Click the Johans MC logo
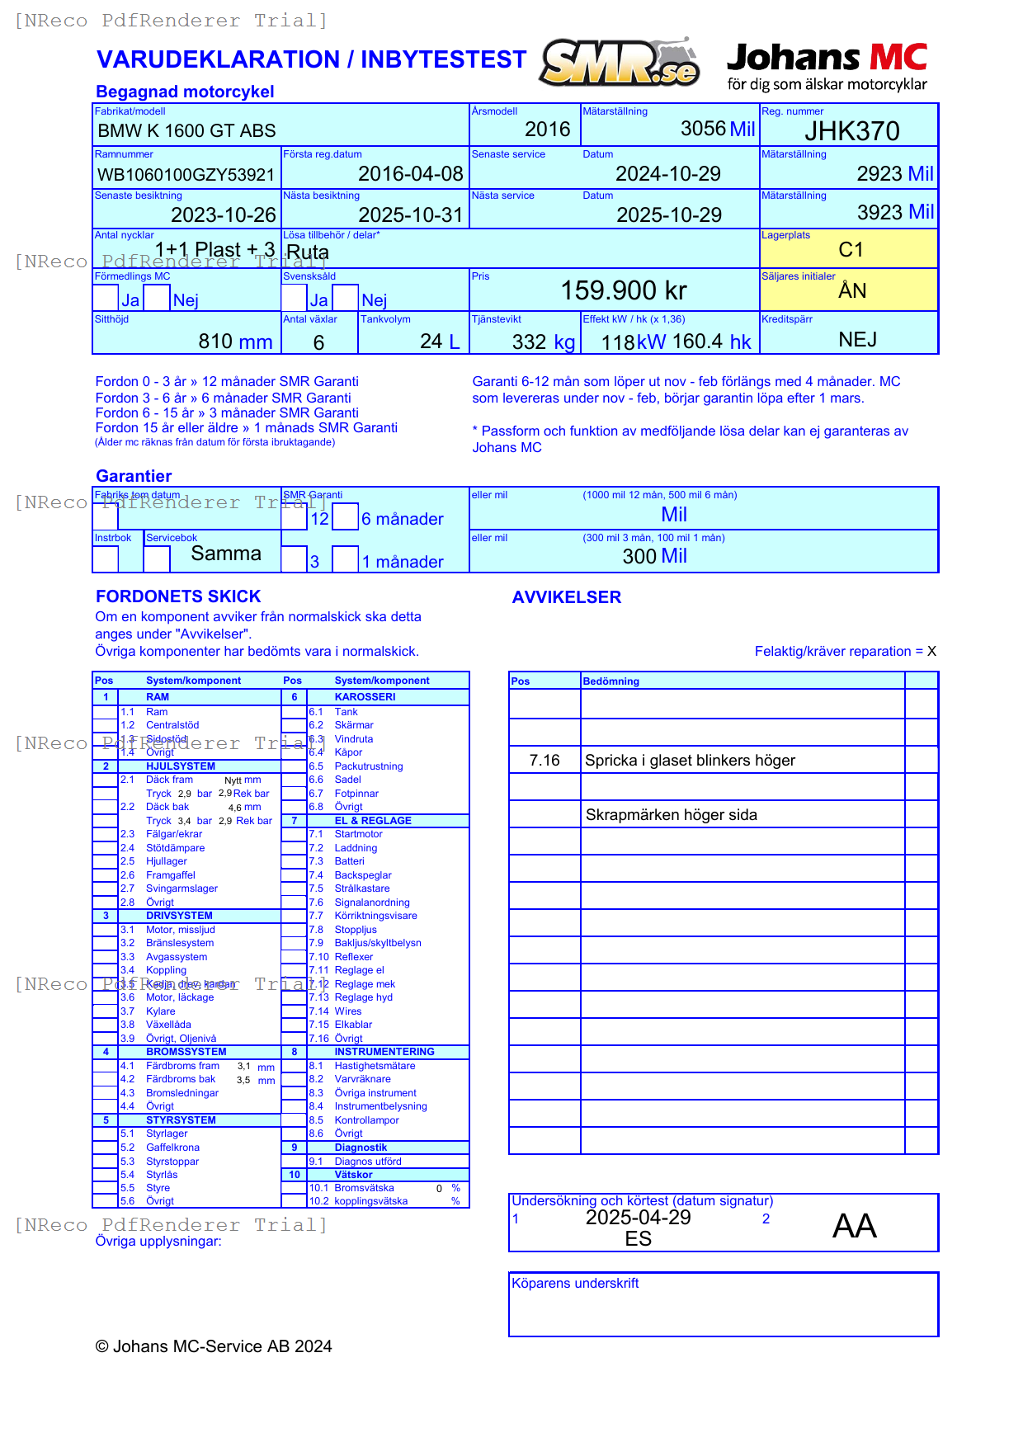[827, 66]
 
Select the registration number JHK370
[851, 131]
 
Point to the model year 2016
[547, 130]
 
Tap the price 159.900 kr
[624, 290]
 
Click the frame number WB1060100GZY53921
[186, 175]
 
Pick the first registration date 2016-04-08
[410, 174]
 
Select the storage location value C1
[851, 250]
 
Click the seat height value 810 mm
[235, 342]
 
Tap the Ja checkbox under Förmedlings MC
[106, 298]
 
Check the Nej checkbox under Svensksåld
[346, 298]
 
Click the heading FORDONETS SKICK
[178, 596]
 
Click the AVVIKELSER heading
[566, 597]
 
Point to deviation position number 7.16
[544, 761]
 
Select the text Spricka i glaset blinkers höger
[690, 761]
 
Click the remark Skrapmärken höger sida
[671, 815]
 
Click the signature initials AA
[854, 1227]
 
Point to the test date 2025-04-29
[638, 1218]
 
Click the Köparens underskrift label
[575, 1284]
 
